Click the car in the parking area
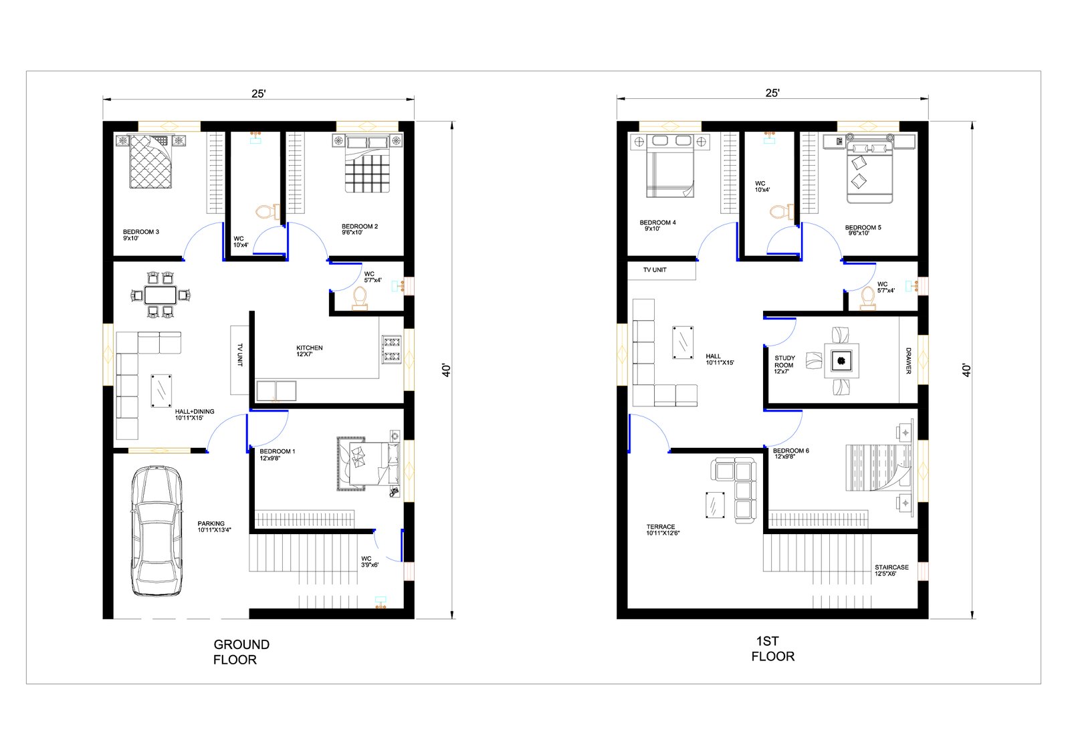pos(157,531)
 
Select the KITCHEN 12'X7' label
pos(309,351)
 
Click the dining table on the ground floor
pos(160,295)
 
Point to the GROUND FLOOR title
pos(241,652)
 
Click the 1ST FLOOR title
pos(772,649)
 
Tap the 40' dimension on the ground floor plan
pos(446,370)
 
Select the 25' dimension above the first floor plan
pos(772,93)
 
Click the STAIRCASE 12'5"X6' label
pos(891,570)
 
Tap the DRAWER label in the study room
pos(908,360)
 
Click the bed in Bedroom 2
pos(367,164)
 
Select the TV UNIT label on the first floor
pos(655,270)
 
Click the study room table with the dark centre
pos(841,360)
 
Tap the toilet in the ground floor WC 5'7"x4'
pos(360,299)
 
